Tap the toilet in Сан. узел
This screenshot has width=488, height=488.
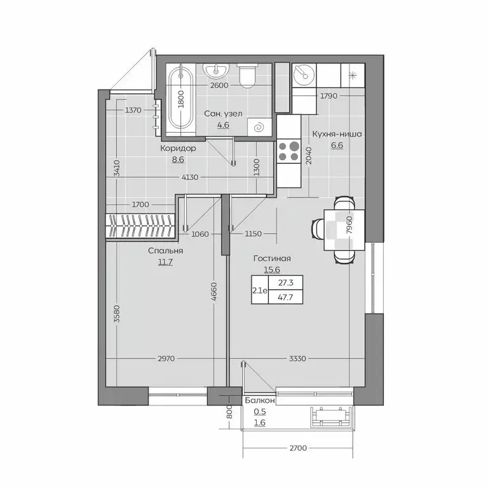coord(247,76)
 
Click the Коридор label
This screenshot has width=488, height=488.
coord(178,148)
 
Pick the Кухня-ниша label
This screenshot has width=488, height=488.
coord(337,134)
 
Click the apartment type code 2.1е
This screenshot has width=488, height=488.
coord(261,290)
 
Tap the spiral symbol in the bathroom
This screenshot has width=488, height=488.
coord(260,127)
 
